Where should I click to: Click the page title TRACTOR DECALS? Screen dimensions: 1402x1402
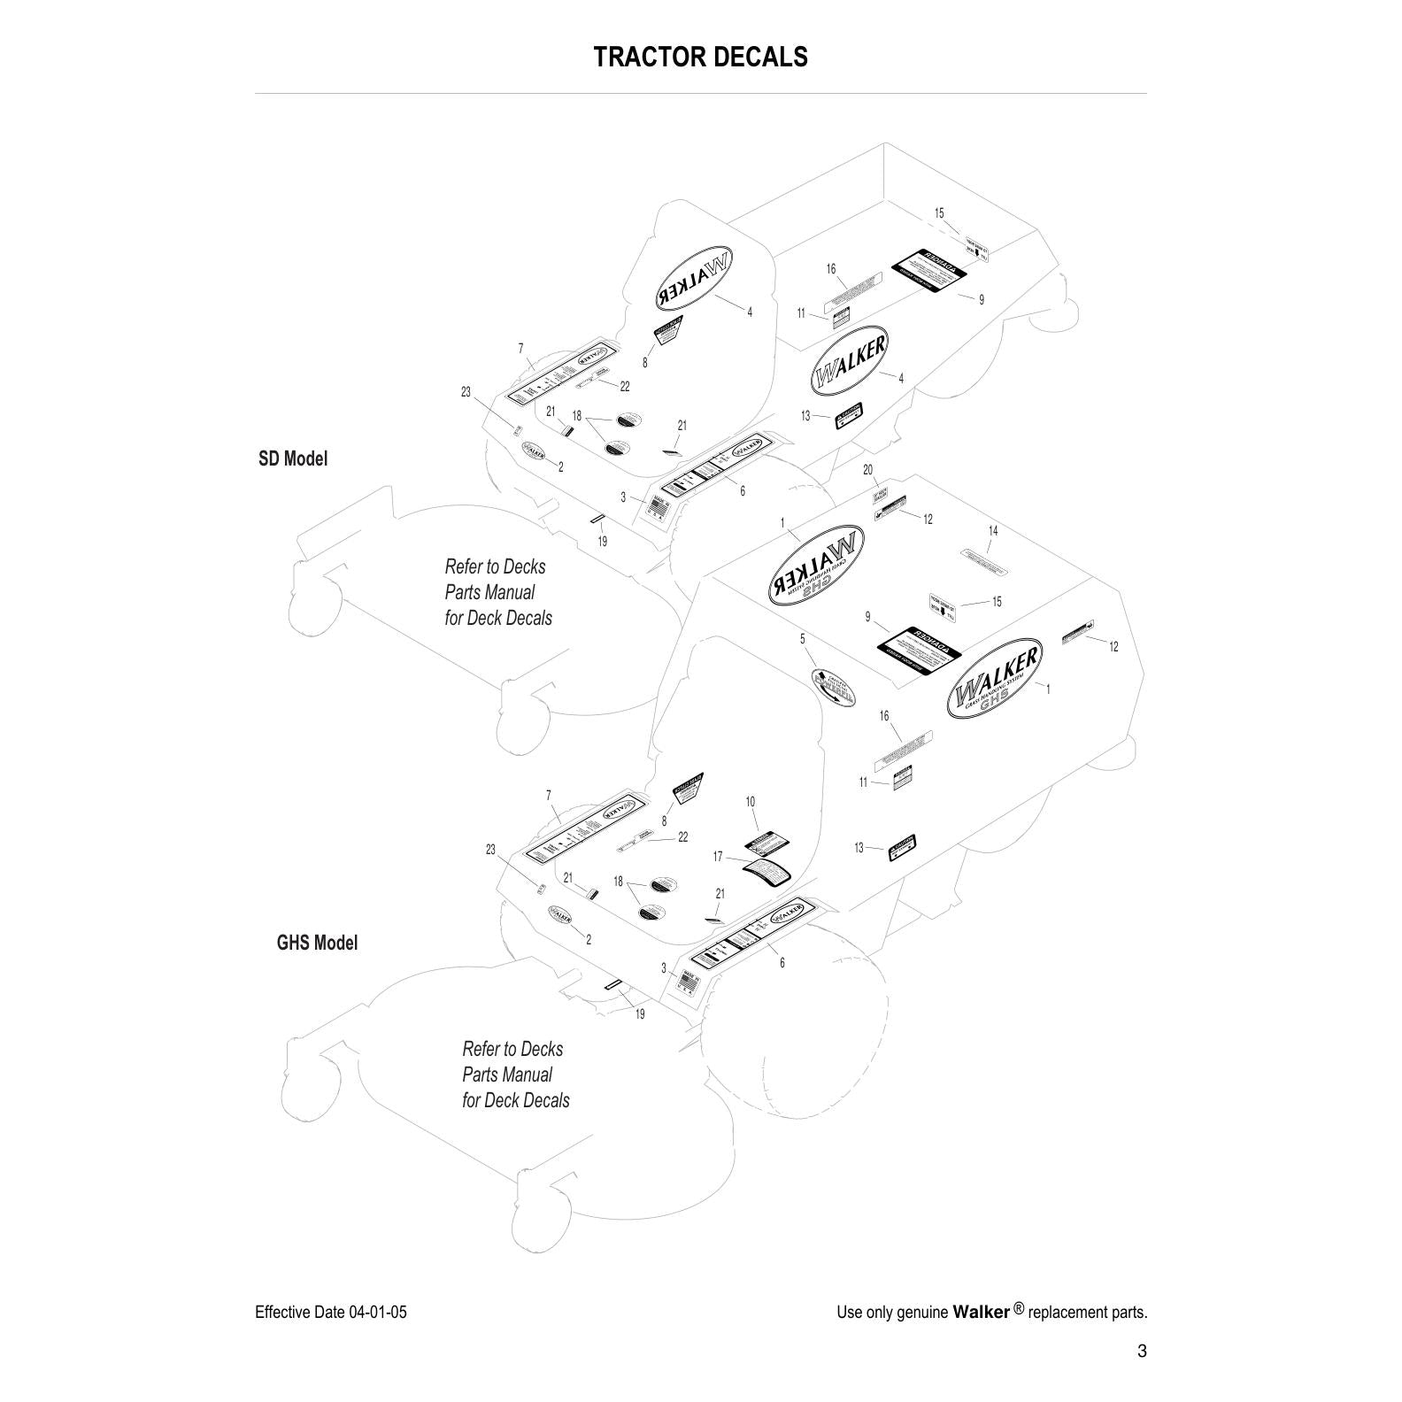[x=700, y=57]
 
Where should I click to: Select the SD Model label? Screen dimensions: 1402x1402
[x=292, y=458]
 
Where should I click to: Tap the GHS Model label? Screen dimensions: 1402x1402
[x=317, y=943]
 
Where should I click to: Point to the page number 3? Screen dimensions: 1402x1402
[x=1142, y=1351]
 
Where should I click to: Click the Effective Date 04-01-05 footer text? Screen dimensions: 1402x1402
[x=330, y=1312]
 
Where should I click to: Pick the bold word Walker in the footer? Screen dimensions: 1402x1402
[x=981, y=1312]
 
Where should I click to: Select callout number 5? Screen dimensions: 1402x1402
[x=803, y=638]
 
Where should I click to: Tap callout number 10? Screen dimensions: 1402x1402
[x=750, y=802]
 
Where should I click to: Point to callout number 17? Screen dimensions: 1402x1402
[x=718, y=857]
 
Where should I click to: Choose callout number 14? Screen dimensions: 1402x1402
[x=993, y=531]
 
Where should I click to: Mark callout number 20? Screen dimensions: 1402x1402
[x=867, y=470]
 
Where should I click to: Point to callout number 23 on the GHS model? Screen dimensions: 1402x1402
[x=490, y=850]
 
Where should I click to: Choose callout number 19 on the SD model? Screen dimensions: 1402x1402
[x=603, y=542]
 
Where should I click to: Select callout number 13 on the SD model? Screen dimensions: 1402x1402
[x=805, y=416]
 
